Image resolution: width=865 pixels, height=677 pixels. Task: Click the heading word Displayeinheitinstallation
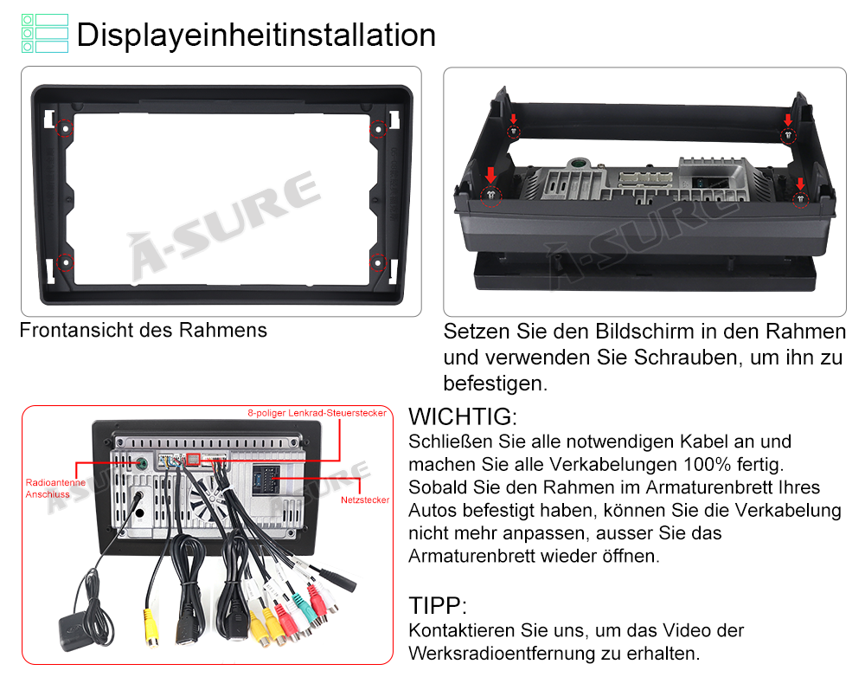pos(256,35)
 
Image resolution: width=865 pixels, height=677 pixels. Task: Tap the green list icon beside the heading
pos(45,33)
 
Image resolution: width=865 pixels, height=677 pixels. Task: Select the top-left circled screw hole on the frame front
pos(65,129)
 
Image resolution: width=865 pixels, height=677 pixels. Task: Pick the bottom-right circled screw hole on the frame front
pos(378,263)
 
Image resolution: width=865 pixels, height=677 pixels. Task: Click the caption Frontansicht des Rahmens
pos(144,330)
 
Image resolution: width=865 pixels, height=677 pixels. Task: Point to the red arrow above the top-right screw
pos(788,119)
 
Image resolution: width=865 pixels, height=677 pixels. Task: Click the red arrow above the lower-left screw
pos(490,175)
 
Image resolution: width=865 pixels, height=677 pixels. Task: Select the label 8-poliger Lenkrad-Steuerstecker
pos(317,413)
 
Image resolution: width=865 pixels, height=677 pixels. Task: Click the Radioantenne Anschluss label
pos(55,488)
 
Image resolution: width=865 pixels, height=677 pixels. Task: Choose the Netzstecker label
pos(365,500)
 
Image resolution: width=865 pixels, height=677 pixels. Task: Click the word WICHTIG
pos(462,417)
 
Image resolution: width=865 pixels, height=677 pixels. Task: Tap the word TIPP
pos(438,606)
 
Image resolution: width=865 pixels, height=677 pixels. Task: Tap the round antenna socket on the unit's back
pos(142,463)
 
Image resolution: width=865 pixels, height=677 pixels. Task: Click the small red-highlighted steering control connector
pos(193,459)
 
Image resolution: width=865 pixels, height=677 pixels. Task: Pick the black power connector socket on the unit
pos(266,480)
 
